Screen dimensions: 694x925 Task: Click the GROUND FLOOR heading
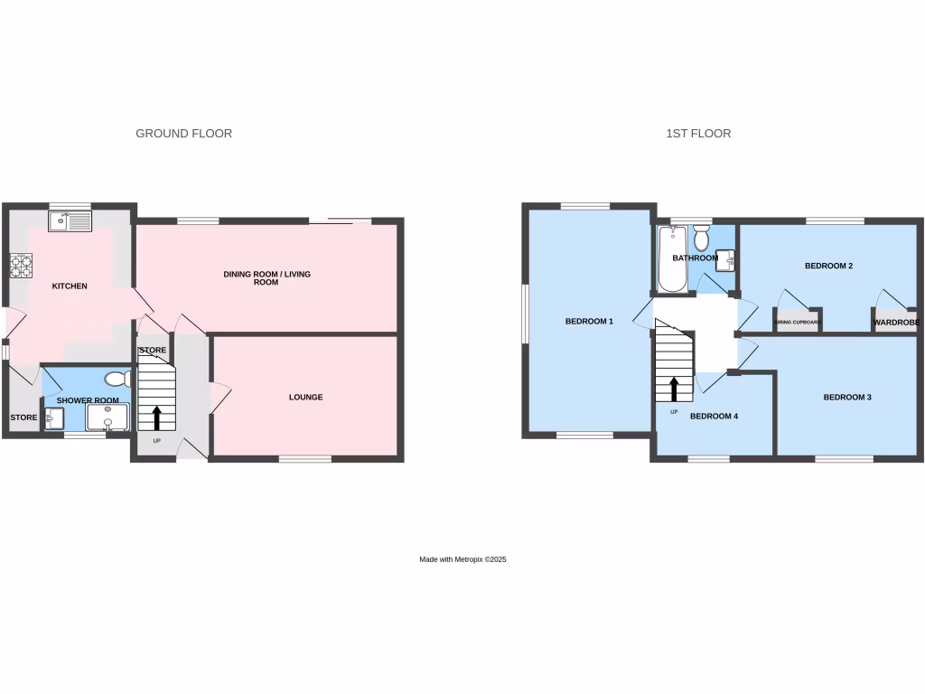click(183, 134)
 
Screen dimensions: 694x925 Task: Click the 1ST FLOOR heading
click(698, 134)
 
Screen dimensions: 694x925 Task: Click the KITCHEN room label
click(70, 286)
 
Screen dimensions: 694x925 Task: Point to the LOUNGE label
click(305, 398)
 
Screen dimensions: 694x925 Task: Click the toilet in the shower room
click(117, 380)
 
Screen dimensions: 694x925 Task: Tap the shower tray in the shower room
click(107, 417)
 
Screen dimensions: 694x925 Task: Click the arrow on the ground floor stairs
click(157, 417)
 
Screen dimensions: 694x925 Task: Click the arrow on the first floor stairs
click(674, 389)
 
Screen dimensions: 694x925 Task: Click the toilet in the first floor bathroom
click(701, 239)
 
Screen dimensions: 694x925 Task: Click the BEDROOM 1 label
click(589, 322)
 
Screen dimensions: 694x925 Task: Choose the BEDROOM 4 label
click(714, 417)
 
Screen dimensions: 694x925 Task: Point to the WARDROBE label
click(896, 323)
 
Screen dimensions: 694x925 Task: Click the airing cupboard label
click(797, 322)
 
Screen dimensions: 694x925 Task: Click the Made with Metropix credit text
click(462, 560)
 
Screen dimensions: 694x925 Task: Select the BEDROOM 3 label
click(846, 398)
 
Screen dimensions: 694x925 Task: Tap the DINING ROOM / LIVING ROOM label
click(266, 277)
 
